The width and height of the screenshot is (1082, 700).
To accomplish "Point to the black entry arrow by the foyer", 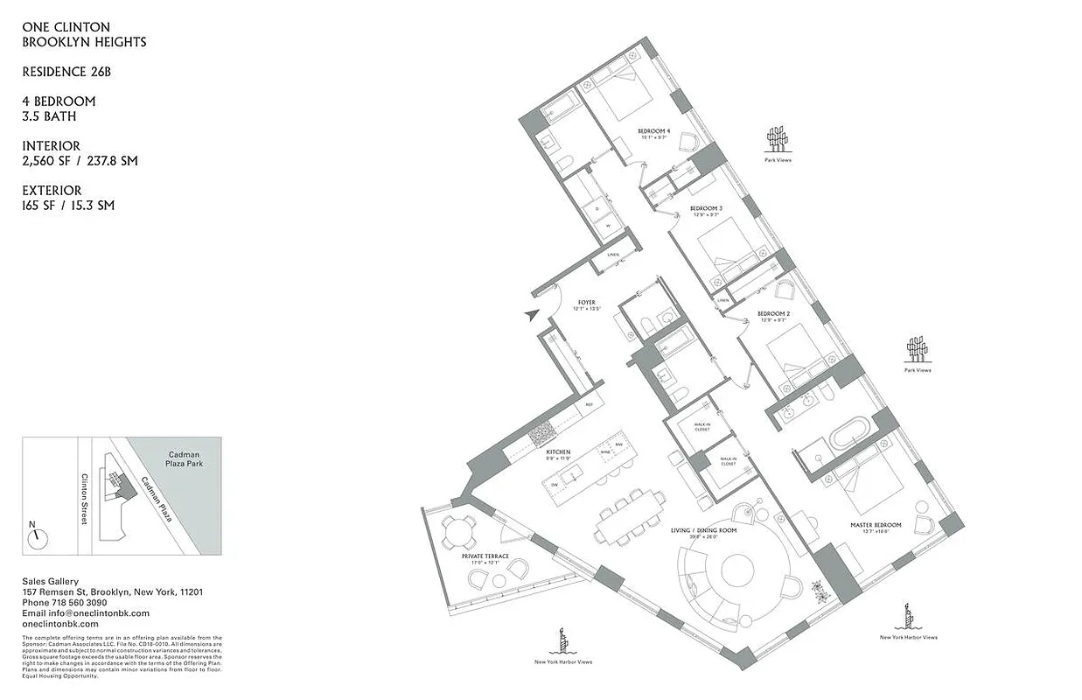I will (531, 316).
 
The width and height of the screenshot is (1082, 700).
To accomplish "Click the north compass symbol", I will (36, 538).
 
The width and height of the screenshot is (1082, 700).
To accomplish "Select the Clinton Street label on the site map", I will (84, 499).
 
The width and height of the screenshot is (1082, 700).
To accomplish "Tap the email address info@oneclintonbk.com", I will (85, 613).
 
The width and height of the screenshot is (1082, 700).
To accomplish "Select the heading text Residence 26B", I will (66, 72).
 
